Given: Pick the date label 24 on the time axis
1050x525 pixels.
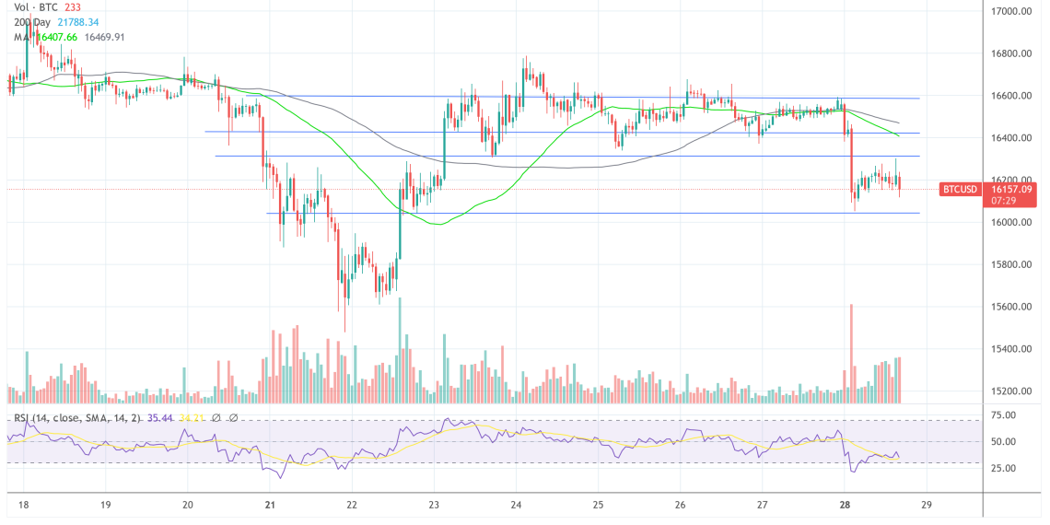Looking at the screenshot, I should pos(516,506).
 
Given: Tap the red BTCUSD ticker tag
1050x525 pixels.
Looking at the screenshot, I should pos(959,190).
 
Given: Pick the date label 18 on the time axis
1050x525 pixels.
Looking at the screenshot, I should pos(23,506).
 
